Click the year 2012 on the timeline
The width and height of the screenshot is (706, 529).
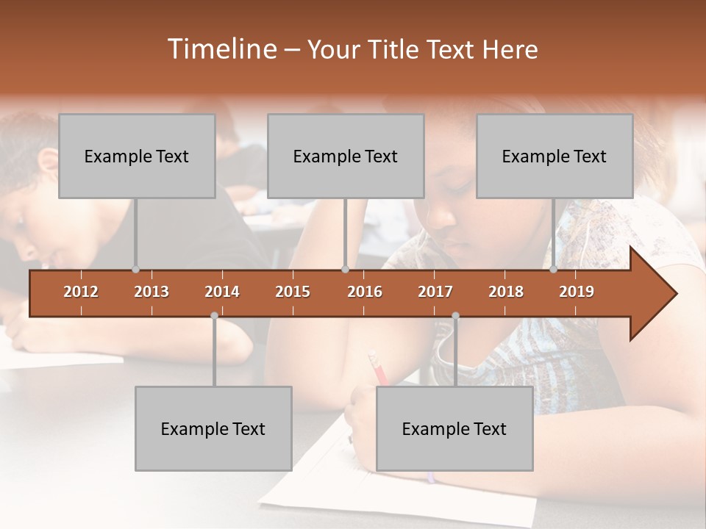click(x=81, y=292)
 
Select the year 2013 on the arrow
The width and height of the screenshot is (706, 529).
click(x=151, y=292)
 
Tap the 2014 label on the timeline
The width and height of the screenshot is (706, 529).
click(x=222, y=292)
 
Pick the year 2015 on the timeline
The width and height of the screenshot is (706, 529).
click(x=293, y=292)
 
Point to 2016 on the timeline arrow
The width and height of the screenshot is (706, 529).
click(x=365, y=292)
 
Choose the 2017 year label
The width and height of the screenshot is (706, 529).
click(x=435, y=292)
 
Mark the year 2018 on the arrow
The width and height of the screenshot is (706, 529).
click(x=506, y=292)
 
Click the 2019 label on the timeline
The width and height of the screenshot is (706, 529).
click(x=577, y=292)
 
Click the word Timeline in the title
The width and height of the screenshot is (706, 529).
click(x=221, y=49)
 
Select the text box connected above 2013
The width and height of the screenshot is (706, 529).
click(x=137, y=156)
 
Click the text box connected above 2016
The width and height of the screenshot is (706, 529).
click(x=346, y=156)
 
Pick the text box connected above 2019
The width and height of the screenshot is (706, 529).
click(x=555, y=156)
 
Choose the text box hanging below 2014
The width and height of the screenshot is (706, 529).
click(x=213, y=428)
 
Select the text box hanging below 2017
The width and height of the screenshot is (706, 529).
click(x=454, y=428)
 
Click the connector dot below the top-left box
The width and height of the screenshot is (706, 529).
click(x=135, y=270)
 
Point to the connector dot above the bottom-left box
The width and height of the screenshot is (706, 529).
click(x=214, y=316)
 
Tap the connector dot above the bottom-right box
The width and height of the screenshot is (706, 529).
click(x=455, y=316)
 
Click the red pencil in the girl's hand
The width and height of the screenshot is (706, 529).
click(x=378, y=369)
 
